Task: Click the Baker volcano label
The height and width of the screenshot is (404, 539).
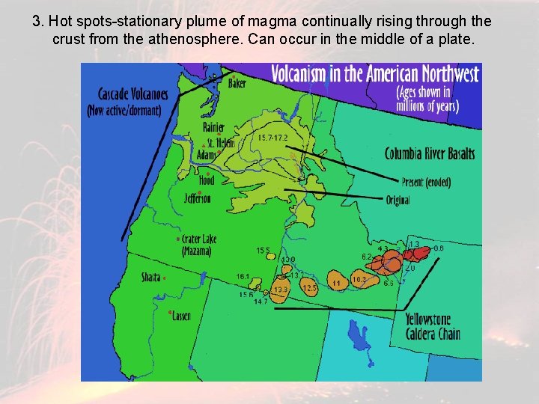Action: (237, 84)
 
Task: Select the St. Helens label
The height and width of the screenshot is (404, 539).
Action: (220, 142)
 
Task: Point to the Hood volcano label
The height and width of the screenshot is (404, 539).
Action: (206, 180)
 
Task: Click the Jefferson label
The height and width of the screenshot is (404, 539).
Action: (198, 198)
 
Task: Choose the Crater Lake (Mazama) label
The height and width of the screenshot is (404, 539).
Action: (198, 245)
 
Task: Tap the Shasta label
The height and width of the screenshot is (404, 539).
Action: (150, 278)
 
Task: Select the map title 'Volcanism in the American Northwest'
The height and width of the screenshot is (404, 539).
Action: (374, 74)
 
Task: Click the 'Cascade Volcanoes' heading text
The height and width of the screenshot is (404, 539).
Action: (133, 94)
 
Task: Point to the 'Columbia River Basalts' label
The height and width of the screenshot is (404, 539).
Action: (429, 154)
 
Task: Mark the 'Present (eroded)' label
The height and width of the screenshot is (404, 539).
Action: (425, 183)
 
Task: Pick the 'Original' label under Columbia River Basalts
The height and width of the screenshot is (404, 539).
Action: (398, 201)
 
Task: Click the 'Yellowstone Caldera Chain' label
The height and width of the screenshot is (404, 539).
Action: (432, 327)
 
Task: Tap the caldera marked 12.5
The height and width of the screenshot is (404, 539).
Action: (310, 287)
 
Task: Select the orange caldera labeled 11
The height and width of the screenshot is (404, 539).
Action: (337, 284)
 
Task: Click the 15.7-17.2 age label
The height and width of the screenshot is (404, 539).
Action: (272, 138)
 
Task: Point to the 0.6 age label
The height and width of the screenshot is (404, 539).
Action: (439, 248)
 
